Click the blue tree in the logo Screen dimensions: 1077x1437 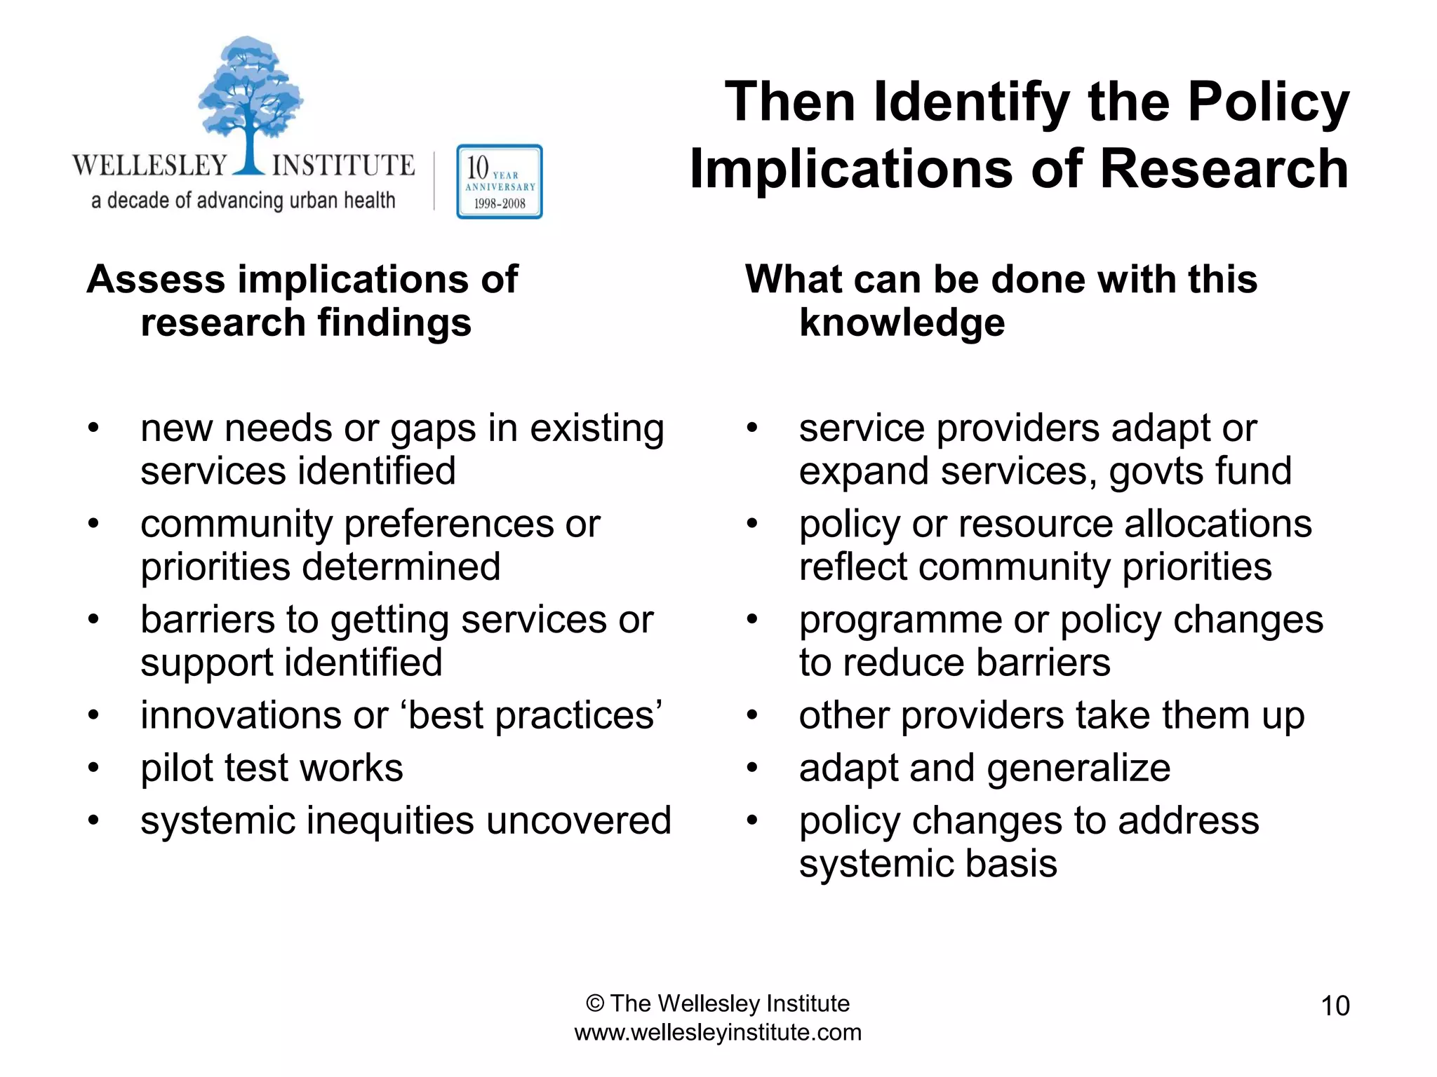coord(249,98)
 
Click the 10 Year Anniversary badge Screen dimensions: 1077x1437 coord(499,182)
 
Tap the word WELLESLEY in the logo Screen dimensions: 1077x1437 coord(150,165)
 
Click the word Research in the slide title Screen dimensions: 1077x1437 coord(1224,170)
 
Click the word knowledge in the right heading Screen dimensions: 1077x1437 coord(902,323)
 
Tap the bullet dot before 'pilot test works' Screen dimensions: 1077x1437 coord(93,768)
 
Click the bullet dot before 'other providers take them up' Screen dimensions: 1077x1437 coord(752,716)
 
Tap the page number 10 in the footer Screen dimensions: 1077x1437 coord(1335,1006)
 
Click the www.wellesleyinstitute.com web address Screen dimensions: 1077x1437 coord(718,1033)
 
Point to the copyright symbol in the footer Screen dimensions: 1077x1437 coord(594,1004)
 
